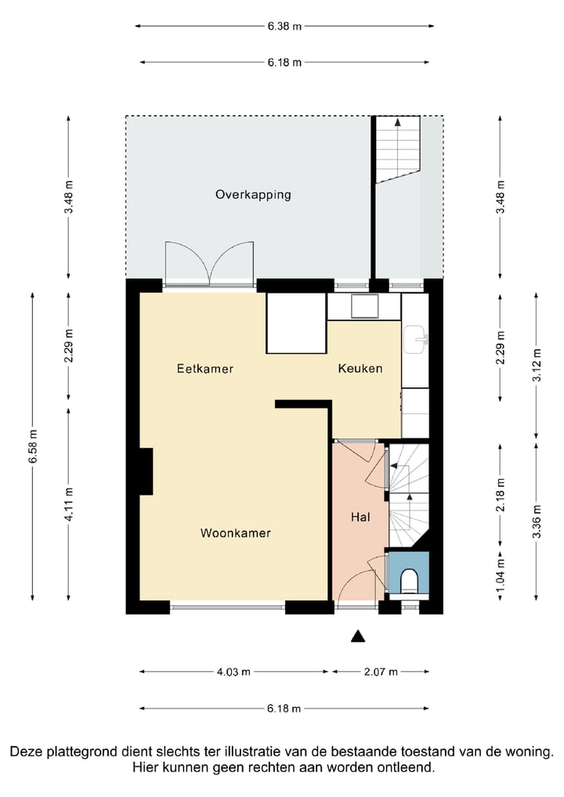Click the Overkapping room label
click(x=253, y=195)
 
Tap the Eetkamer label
click(x=205, y=369)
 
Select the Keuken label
click(x=360, y=368)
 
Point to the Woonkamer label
click(x=236, y=532)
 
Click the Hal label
click(x=360, y=517)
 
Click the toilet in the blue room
click(x=409, y=581)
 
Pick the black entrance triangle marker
click(x=358, y=636)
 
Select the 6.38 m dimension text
click(x=285, y=26)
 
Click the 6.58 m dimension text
click(x=33, y=446)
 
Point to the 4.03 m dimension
click(x=234, y=672)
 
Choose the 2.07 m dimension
click(x=381, y=672)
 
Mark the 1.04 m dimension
click(x=501, y=576)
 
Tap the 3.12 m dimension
click(x=537, y=365)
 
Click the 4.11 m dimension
click(x=69, y=504)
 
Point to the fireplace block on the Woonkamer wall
click(x=146, y=471)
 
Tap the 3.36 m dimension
click(x=537, y=521)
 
